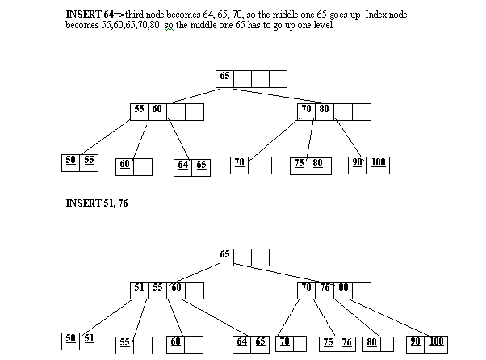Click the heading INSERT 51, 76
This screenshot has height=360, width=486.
[x=96, y=204]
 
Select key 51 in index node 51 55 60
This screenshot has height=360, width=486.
[x=138, y=288]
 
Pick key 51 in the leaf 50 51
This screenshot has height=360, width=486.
[x=89, y=338]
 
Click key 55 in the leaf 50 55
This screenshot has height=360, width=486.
[x=89, y=160]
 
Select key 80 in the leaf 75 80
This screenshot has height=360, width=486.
[x=317, y=163]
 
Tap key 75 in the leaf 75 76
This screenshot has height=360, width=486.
[x=327, y=341]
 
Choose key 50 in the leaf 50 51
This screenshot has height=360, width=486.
[x=71, y=338]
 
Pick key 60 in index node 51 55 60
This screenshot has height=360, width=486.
[x=175, y=288]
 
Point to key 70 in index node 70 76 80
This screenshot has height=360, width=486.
[x=306, y=288]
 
